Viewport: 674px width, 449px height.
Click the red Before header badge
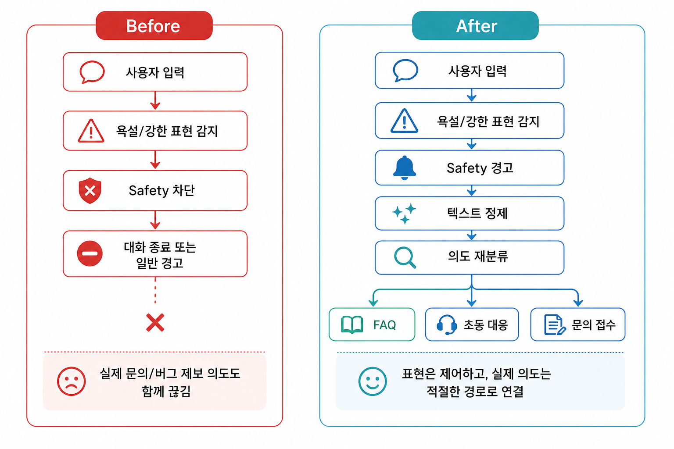point(154,25)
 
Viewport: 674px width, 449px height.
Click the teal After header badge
point(475,25)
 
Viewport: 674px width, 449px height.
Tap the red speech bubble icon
point(92,72)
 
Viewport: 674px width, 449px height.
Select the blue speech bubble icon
point(405,70)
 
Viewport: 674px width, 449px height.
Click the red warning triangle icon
point(91,131)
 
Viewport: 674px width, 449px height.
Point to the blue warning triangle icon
point(404,121)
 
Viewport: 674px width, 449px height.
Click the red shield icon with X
point(90,190)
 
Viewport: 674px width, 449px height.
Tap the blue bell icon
point(405,168)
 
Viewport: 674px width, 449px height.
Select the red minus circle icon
point(90,253)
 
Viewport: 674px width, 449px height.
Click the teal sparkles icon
point(404,214)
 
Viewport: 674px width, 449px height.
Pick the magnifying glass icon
point(405,257)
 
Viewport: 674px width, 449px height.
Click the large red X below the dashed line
point(155,322)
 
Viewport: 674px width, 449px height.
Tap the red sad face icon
point(72,381)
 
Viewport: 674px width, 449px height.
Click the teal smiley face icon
point(373,381)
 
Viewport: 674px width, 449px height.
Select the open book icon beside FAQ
point(352,325)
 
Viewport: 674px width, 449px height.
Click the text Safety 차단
point(162,191)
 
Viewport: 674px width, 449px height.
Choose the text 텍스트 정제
point(477,214)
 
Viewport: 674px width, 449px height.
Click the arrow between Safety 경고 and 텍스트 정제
point(472,191)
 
